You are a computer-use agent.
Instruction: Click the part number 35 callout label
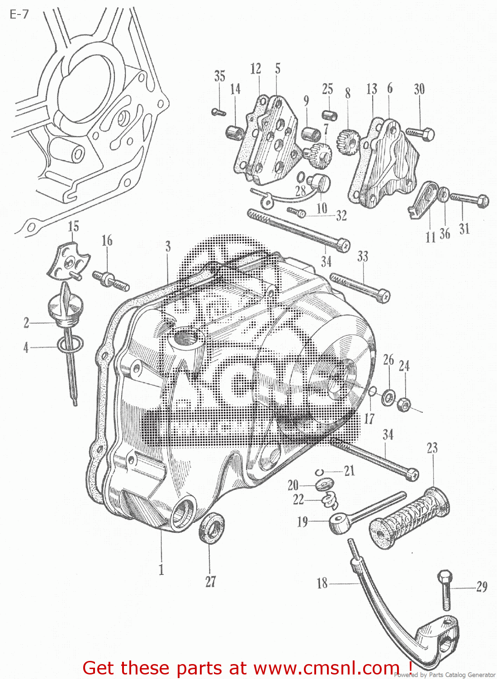220,76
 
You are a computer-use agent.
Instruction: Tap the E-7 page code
19,14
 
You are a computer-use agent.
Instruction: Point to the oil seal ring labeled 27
211,528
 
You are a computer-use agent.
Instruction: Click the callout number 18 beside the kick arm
322,583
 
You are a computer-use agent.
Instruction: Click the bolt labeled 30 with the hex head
421,134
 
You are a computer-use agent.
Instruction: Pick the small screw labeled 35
218,112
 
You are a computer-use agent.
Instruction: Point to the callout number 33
363,257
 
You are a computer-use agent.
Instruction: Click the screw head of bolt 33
384,296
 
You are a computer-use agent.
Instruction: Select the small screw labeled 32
297,211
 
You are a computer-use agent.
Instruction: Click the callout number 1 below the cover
161,569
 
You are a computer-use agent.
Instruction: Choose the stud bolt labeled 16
111,280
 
